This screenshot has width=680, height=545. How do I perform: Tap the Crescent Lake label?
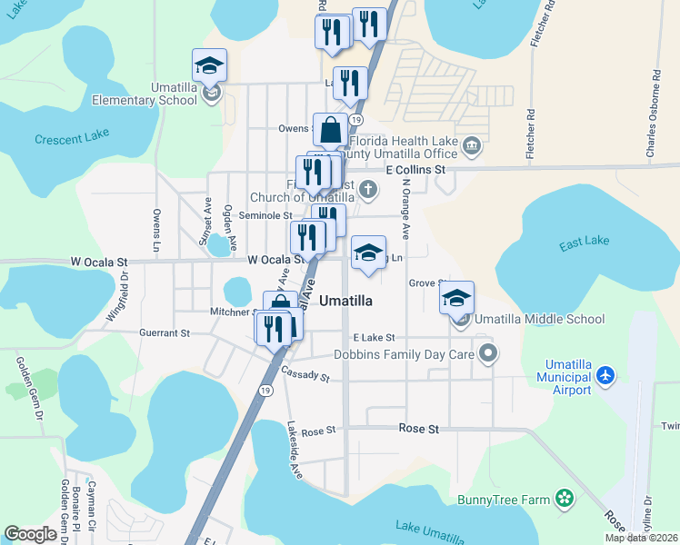point(72,139)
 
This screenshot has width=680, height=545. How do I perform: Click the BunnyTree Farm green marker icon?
point(565,498)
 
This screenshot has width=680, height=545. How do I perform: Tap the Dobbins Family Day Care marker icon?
point(488,353)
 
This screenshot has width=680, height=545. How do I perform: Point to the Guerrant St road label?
point(165,333)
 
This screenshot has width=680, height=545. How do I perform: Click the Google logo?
point(30,534)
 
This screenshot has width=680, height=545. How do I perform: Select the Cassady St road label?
point(305,374)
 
